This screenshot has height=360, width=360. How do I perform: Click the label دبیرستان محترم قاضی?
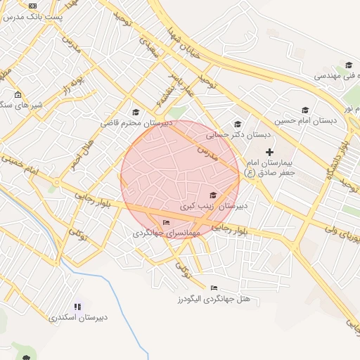[136, 122]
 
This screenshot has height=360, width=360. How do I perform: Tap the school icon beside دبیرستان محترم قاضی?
[136, 111]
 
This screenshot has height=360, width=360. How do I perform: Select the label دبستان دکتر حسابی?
[229, 134]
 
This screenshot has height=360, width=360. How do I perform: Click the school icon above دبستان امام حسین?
[305, 110]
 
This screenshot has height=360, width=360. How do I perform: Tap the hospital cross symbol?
[270, 152]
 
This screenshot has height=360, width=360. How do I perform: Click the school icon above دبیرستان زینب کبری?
[213, 195]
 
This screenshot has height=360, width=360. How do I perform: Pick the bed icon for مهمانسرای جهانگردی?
[166, 223]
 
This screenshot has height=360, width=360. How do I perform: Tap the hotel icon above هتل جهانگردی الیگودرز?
[214, 288]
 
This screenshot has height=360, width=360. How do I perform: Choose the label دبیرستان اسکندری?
[78, 317]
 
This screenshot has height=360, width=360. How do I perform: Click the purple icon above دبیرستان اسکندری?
[77, 307]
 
